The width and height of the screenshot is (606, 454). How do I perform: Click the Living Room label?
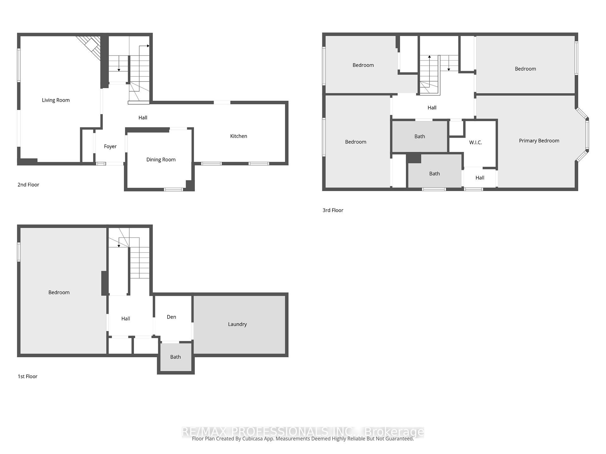click(56, 100)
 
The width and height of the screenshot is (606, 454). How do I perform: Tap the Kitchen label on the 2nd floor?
click(238, 136)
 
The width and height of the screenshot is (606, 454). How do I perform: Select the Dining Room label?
click(161, 160)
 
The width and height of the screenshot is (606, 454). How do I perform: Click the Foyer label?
click(110, 146)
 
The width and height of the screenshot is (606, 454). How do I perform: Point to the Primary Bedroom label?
click(539, 141)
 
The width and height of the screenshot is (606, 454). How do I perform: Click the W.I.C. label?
click(475, 143)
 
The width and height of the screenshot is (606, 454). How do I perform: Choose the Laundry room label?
click(237, 324)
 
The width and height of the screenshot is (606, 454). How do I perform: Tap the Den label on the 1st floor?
click(171, 317)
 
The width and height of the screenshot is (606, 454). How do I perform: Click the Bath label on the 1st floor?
click(175, 357)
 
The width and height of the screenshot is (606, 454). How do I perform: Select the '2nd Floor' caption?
click(28, 185)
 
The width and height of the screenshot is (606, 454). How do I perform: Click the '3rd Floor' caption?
click(333, 210)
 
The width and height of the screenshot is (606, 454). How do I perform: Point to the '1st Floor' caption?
click(27, 376)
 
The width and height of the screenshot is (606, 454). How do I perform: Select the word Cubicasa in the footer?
click(252, 439)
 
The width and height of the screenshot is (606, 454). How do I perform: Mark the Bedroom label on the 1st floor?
click(59, 293)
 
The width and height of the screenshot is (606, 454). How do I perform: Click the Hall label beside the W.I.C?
click(479, 178)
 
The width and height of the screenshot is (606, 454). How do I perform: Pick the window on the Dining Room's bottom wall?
click(173, 189)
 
